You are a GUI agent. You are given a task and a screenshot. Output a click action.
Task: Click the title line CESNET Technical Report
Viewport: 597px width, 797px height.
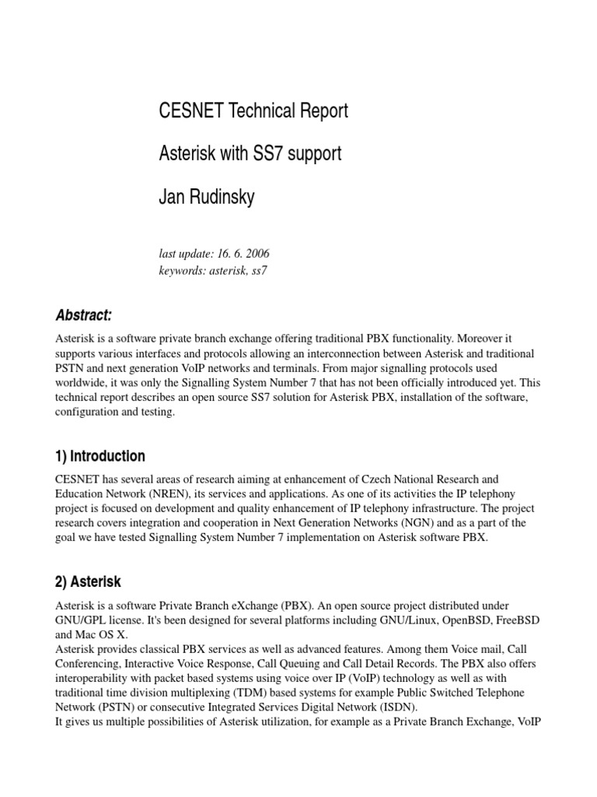(253, 111)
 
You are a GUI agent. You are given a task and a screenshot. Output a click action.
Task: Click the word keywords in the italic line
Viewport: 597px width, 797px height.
(180, 270)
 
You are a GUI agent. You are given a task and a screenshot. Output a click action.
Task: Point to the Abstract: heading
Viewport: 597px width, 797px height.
(84, 315)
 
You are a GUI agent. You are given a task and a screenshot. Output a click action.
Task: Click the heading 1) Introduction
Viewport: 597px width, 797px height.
(100, 456)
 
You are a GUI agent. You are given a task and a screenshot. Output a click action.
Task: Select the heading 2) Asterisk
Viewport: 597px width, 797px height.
(88, 581)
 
